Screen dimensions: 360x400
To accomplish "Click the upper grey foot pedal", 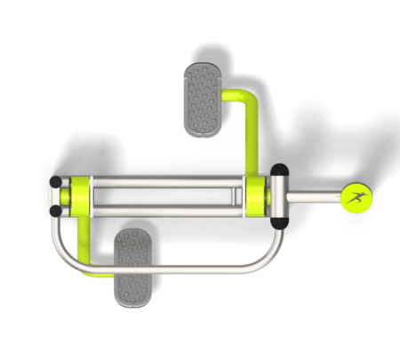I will [x=204, y=100].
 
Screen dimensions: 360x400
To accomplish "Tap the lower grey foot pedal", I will [x=132, y=266].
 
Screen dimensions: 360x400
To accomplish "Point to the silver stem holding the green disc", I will [x=314, y=196].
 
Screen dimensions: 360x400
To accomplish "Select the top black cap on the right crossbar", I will [x=279, y=170].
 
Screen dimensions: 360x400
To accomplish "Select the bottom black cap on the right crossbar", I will [x=279, y=221].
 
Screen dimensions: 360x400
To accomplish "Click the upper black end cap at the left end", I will [x=56, y=180].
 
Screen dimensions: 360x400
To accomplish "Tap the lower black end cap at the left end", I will [x=56, y=211].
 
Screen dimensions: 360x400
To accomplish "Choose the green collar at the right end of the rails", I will [x=258, y=196].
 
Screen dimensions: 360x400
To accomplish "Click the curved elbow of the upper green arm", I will [x=249, y=99].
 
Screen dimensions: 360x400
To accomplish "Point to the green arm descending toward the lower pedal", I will [x=84, y=244].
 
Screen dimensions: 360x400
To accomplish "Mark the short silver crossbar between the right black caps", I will [x=279, y=196].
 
